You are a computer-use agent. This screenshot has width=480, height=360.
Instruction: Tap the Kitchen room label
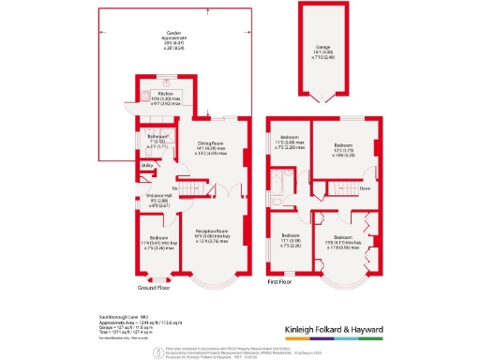pyautogui.click(x=165, y=96)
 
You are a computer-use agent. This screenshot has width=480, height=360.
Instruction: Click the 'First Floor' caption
pyautogui.click(x=281, y=280)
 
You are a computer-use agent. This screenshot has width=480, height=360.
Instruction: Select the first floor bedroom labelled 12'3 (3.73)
pyautogui.click(x=344, y=147)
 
